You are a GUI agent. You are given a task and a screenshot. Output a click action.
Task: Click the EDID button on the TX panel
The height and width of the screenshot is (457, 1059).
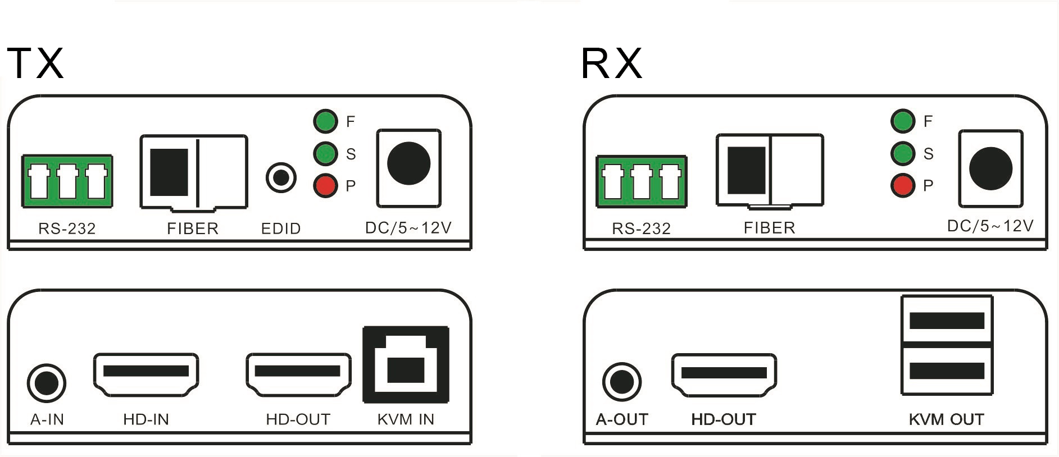pos(281,177)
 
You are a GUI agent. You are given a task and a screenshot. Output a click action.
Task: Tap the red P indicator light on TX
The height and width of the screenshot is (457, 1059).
pos(325,186)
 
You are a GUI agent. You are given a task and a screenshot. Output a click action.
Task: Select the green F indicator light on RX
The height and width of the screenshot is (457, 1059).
pos(903,121)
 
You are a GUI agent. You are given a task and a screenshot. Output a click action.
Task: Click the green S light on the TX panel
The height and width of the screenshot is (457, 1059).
pos(325,153)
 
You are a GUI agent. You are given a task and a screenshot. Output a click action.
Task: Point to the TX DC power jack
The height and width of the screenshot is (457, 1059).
pos(409,164)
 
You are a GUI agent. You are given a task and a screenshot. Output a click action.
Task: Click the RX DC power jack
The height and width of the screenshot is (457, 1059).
pos(990,168)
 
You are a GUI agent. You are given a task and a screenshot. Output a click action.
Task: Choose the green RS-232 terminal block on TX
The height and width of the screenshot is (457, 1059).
pos(67,181)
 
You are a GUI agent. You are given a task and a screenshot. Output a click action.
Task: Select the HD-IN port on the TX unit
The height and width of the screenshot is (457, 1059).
pos(146,374)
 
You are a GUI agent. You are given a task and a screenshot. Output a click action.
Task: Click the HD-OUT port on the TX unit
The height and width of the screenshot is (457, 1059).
pos(298,374)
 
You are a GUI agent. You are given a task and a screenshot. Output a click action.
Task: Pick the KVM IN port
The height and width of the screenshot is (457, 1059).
pos(406,364)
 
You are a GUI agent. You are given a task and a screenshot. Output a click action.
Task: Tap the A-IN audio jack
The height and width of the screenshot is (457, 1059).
pos(47,383)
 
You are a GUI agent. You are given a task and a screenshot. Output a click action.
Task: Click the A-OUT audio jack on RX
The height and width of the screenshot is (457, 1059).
pos(622,382)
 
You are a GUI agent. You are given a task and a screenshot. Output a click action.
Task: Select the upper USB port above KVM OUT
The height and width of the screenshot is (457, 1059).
pos(947,320)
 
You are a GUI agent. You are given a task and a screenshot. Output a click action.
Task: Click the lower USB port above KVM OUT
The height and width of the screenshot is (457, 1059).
pos(947,371)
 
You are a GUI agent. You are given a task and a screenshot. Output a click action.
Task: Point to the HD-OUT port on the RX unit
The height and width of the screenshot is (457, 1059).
pos(724,374)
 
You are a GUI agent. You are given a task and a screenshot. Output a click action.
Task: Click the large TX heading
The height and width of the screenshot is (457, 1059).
pos(35,62)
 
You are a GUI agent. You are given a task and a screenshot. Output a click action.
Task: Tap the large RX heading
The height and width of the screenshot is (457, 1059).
pos(612,63)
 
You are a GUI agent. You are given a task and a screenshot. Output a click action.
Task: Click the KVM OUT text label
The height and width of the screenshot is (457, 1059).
pos(946,419)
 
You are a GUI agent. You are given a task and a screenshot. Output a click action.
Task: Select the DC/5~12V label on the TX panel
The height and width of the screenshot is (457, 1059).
pos(408,227)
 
